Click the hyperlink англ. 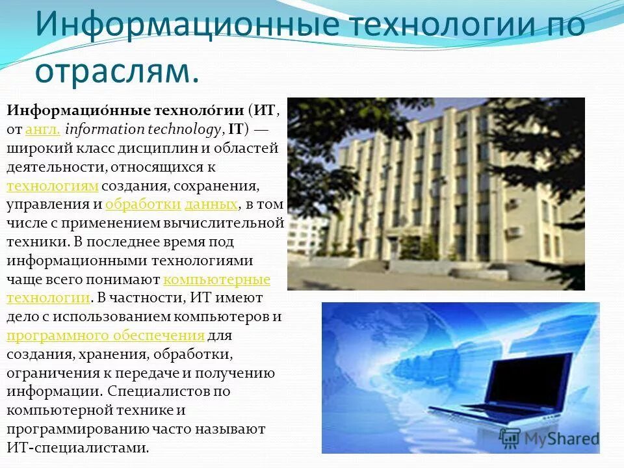click(x=43, y=129)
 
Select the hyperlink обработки click(x=143, y=204)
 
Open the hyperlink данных click(x=211, y=204)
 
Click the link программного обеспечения click(x=106, y=335)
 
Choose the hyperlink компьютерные click(x=216, y=279)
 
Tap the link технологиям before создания click(x=53, y=186)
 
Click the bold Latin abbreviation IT click(x=235, y=129)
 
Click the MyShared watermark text click(x=558, y=439)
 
